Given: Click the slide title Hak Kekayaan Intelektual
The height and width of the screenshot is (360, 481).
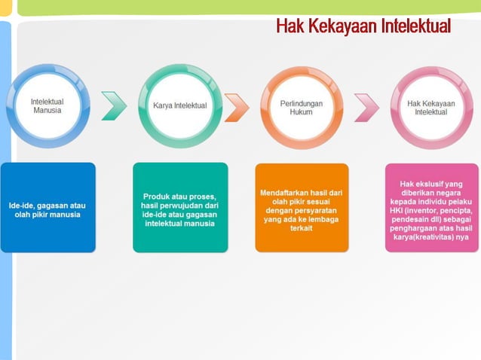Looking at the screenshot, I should tap(363, 26).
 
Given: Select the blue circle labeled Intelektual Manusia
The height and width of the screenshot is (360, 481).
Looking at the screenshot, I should tap(47, 105).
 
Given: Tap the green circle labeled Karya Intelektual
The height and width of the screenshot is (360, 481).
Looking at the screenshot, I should tap(179, 105).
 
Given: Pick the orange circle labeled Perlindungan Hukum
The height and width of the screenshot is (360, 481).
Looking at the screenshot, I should tap(301, 106).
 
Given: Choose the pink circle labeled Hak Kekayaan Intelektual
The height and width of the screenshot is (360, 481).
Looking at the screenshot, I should tap(430, 106).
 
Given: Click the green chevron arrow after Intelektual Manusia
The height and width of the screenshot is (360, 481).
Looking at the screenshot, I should tap(114, 106).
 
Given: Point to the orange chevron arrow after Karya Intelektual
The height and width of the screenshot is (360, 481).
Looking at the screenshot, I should tap(236, 106).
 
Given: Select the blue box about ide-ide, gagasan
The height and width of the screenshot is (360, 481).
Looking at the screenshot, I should tap(47, 207).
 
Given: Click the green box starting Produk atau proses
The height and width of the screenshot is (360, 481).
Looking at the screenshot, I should tap(179, 207).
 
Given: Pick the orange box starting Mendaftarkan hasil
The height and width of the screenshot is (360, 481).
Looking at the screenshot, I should tap(301, 207).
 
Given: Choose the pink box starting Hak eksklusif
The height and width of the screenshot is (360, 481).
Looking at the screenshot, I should tap(431, 207).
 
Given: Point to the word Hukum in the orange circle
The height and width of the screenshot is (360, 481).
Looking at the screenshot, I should tap(301, 111).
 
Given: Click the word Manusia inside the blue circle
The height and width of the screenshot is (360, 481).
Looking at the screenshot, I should tap(47, 110).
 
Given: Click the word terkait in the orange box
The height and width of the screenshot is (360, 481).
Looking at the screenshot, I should tap(301, 228).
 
